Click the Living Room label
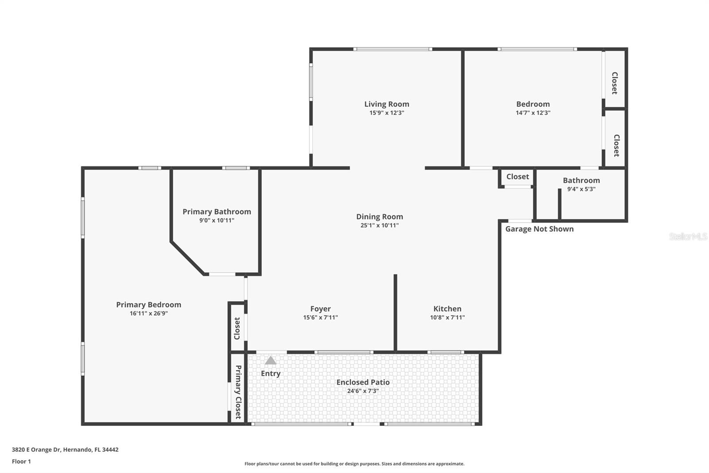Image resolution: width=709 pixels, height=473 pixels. pos(386,104)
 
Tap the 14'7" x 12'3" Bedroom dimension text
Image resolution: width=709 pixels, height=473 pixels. pos(533,113)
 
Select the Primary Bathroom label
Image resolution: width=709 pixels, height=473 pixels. pos(217,212)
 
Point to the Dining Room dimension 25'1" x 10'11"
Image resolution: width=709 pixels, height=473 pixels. pos(379,225)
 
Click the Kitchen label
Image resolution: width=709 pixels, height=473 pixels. pos(447,308)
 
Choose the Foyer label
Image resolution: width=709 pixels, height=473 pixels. pos(320,308)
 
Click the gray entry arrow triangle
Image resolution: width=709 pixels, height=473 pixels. pos(270,360)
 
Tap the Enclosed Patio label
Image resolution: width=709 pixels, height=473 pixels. pos(363,382)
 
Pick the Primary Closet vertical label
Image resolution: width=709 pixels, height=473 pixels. pos(238,392)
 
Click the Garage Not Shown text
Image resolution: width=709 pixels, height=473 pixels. pos(539,229)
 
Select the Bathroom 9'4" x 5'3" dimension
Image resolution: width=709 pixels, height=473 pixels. pos(581,189)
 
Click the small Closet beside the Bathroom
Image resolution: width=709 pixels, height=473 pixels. pos(517,177)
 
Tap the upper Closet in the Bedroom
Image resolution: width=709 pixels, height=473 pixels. pos(615,83)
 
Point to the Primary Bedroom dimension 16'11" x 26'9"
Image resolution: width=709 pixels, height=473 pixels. pos(148,313)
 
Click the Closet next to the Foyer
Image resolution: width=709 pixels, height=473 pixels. pos(237,328)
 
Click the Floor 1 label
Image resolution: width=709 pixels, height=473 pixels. pos(21,461)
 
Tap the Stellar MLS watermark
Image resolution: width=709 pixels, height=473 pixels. pos(688,236)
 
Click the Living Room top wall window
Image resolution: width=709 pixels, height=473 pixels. pos(393,49)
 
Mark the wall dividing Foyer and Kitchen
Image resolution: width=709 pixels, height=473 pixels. pos(395,312)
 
